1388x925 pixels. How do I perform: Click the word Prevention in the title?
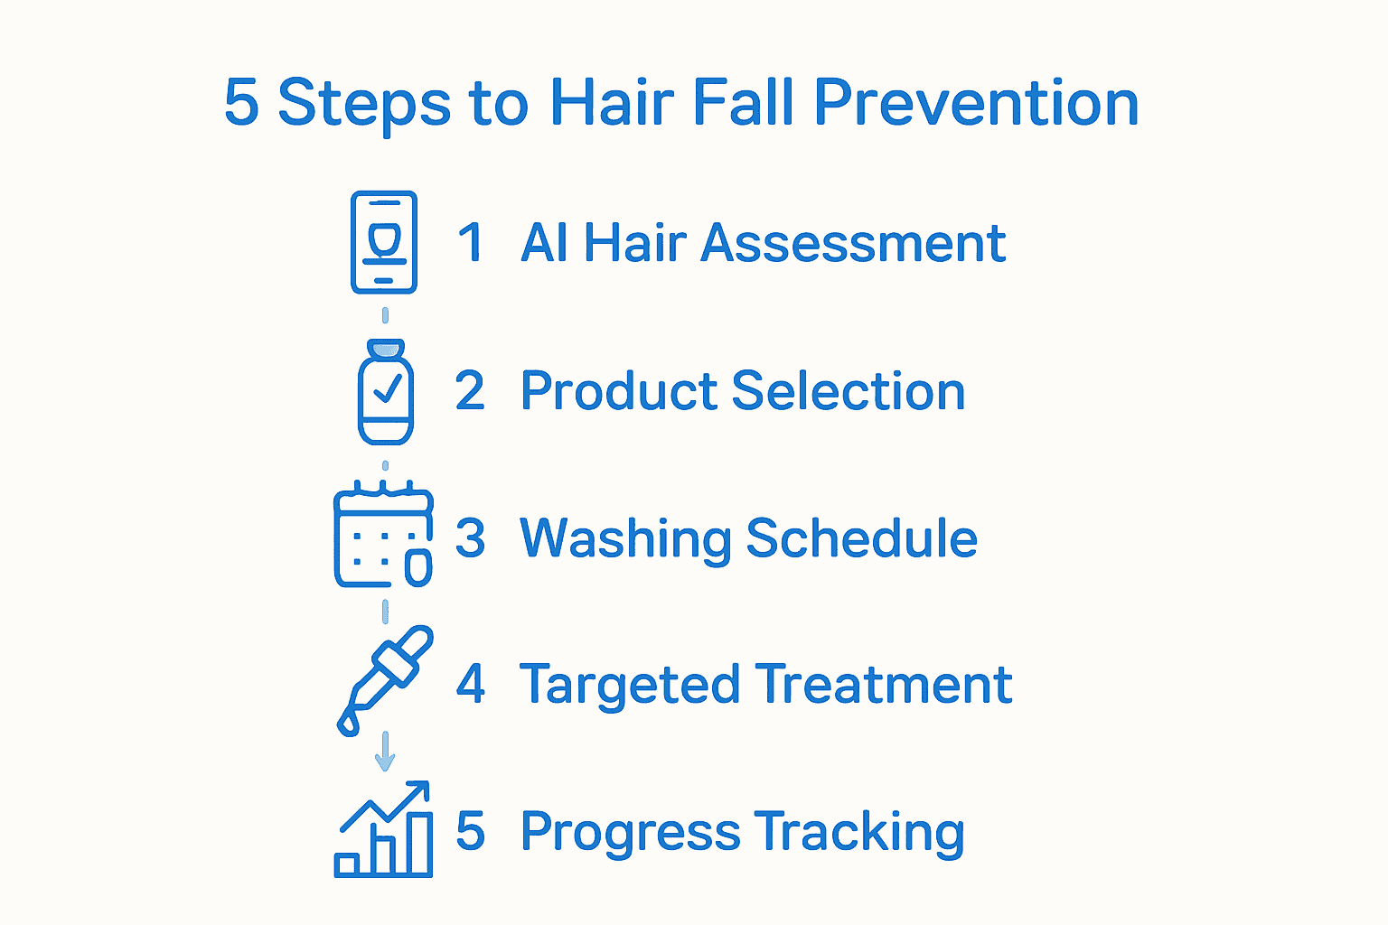coord(976,102)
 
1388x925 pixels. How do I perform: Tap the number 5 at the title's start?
coord(241,102)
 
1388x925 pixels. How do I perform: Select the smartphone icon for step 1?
coord(384,242)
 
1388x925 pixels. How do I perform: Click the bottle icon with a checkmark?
coord(386,393)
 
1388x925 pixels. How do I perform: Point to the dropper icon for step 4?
coord(384,679)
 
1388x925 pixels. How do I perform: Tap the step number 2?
coord(470,391)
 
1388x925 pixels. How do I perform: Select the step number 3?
coord(470,538)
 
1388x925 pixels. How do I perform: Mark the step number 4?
coord(470,684)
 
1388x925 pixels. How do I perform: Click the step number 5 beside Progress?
coord(470,831)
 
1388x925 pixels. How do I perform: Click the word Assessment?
coord(853,243)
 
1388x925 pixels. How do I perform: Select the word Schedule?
coord(861,539)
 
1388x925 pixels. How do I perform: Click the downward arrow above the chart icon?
coord(385,752)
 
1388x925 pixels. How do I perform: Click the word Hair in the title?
coord(612,102)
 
